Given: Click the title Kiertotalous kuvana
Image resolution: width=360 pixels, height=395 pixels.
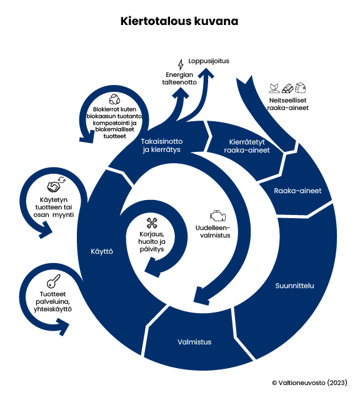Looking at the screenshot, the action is [x=179, y=21].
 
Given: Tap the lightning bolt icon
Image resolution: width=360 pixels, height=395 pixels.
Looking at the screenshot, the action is [x=181, y=64].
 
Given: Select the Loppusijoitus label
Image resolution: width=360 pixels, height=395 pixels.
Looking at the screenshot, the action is [x=209, y=61].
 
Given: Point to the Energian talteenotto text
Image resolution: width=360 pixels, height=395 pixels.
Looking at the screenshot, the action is [x=179, y=78].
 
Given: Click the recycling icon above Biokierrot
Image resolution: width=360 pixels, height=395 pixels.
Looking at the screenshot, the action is [x=114, y=99].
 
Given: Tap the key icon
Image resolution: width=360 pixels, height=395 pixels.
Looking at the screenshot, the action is [x=54, y=281].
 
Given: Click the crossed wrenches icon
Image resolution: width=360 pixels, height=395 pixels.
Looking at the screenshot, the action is [x=152, y=223].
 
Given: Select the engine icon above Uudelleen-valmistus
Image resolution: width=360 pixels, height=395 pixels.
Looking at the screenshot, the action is [x=217, y=216].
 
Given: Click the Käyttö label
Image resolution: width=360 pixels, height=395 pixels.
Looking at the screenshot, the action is [x=102, y=251].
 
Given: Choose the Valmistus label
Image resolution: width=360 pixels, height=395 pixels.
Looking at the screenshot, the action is [x=194, y=342].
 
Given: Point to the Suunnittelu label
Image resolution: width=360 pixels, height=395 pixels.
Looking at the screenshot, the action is [x=294, y=286].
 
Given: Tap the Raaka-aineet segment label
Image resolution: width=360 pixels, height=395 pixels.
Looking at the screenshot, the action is [x=297, y=191].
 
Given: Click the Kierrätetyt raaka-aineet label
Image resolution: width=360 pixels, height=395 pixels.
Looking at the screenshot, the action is [x=247, y=146].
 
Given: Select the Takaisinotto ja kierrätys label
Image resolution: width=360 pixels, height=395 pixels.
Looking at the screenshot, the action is [x=162, y=146].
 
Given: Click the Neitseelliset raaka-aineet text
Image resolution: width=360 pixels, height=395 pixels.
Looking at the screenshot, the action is [x=287, y=104].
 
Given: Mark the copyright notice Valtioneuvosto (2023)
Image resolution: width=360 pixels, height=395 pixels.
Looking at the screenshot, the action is [x=309, y=382].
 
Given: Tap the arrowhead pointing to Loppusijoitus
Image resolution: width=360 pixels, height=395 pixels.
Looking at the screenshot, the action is [x=206, y=72].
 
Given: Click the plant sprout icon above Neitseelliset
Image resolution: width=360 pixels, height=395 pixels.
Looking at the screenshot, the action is [x=274, y=88].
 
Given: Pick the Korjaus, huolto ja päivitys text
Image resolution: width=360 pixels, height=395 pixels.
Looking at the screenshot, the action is [x=152, y=242].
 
